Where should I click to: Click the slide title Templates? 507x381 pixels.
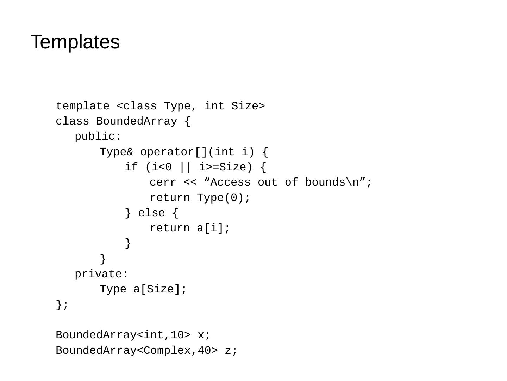tap(75, 42)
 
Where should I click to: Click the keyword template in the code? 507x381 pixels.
tap(83, 106)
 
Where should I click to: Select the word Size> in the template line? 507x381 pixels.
tap(248, 106)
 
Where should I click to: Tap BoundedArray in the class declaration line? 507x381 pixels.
tap(137, 121)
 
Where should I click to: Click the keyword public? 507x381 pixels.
tap(98, 137)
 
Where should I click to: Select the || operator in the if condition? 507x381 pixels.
tap(186, 167)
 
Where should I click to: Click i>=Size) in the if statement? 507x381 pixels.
tap(226, 167)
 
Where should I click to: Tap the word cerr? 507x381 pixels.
tap(163, 182)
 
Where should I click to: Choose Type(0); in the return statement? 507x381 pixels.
tap(224, 198)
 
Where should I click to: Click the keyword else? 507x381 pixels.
tap(151, 213)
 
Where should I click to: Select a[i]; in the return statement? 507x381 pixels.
tap(213, 228)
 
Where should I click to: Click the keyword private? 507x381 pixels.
tap(102, 274)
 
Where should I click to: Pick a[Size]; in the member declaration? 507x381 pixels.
tap(160, 289)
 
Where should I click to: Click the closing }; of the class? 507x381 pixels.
tap(62, 304)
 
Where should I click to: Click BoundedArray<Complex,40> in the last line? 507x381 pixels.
tap(137, 351)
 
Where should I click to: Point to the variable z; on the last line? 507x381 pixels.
tap(231, 351)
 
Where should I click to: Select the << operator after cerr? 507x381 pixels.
tap(190, 182)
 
